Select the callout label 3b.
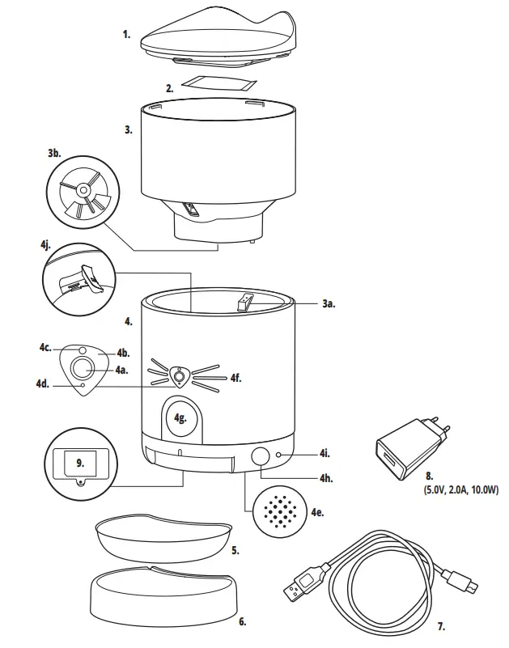53,152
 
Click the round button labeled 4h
261,456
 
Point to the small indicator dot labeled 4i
279,455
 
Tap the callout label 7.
440,625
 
